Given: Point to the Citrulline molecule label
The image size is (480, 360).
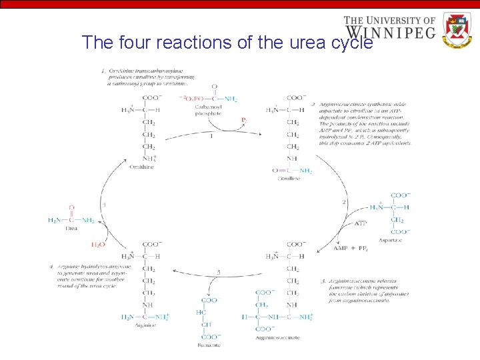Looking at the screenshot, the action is tap(288, 179).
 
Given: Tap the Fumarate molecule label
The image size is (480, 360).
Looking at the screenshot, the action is tap(209, 345).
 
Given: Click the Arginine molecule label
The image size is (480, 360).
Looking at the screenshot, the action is tap(145, 325).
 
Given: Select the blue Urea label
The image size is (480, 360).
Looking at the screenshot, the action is tap(71, 228).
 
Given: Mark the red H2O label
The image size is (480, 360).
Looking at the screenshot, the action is tap(97, 245).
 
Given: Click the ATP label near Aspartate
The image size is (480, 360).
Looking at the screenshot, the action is tap(360, 223).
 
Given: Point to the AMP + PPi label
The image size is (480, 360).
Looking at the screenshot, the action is tap(351, 248).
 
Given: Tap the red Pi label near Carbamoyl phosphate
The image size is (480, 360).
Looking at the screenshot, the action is tap(245, 120).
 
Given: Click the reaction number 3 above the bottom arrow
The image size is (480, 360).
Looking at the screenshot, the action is tap(218, 272).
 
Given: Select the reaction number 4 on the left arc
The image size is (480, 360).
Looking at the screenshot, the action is tap(103, 204).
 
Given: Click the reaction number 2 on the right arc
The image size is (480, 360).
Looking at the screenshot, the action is tap(343, 201).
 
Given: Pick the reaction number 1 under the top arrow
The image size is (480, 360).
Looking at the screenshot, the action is tap(211, 136).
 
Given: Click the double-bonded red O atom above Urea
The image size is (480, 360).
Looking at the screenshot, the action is tap(71, 208).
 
